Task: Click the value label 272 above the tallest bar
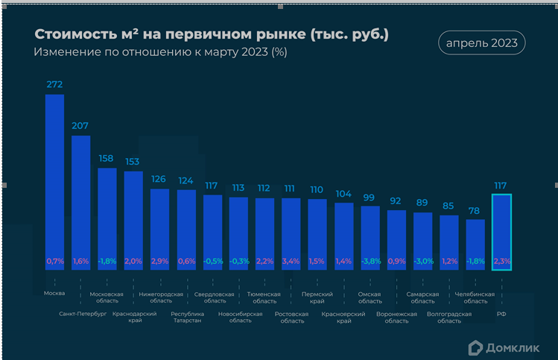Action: click(54, 85)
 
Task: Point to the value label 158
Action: click(107, 159)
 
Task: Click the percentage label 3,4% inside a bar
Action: click(291, 262)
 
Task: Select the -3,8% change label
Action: click(370, 262)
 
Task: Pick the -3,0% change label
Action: click(422, 262)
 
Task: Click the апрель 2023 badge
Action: click(481, 43)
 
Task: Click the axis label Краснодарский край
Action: click(133, 318)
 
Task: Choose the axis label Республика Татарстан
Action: click(186, 318)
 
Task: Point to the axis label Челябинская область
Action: click(475, 297)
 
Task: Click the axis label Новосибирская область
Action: click(240, 318)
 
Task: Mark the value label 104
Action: click(343, 194)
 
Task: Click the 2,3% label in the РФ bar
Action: click(501, 262)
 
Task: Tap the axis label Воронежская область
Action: click(396, 318)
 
